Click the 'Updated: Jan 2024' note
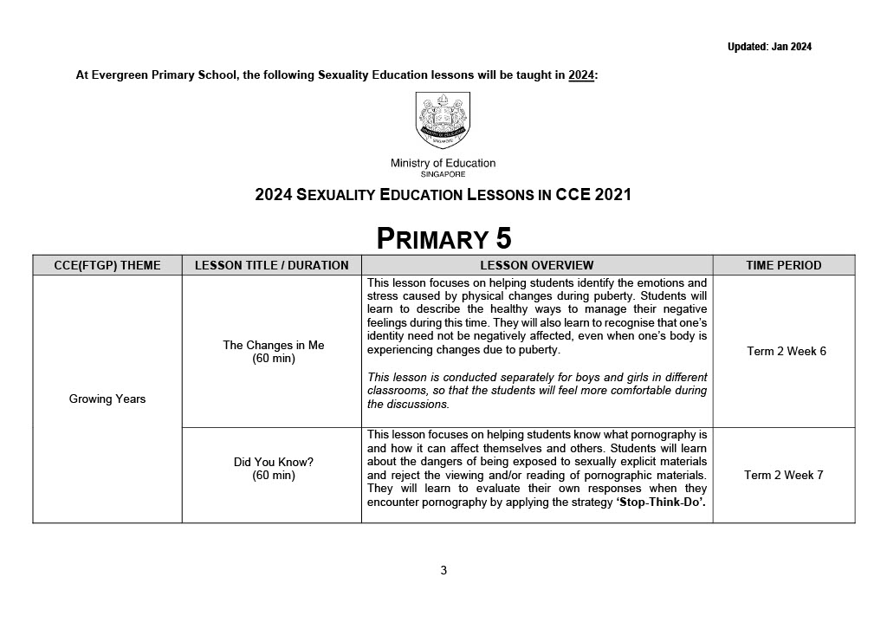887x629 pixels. pos(769,47)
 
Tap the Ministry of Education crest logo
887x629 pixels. pos(443,120)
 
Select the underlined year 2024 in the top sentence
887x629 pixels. pos(581,75)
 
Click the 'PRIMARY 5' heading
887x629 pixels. pos(443,237)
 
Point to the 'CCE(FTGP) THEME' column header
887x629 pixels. pos(107,265)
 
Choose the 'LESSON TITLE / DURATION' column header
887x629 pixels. pos(271,265)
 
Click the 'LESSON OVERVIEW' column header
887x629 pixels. pos(536,265)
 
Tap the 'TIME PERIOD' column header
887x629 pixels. pos(783,265)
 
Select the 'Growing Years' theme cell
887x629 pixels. pos(107,399)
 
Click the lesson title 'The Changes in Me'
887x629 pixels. pos(273,345)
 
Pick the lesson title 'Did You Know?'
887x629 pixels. pos(273,462)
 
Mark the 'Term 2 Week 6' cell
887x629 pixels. pos(786,351)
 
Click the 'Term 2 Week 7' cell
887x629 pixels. pos(783,475)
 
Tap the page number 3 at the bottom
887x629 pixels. pos(443,570)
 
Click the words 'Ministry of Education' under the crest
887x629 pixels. pos(443,163)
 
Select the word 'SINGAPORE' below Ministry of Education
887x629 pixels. pos(443,174)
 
